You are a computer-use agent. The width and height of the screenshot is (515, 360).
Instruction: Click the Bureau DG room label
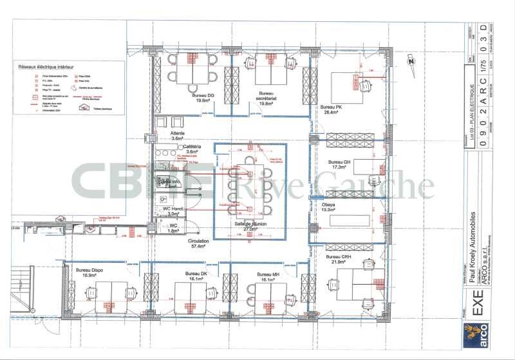pos(202,98)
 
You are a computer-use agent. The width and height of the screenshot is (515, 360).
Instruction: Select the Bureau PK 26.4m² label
pos(332,108)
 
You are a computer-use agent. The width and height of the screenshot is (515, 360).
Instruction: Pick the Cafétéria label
pos(192,149)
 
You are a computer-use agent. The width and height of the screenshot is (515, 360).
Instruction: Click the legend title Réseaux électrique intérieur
pos(46,66)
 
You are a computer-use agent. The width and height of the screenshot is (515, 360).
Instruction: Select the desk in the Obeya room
pos(350,219)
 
